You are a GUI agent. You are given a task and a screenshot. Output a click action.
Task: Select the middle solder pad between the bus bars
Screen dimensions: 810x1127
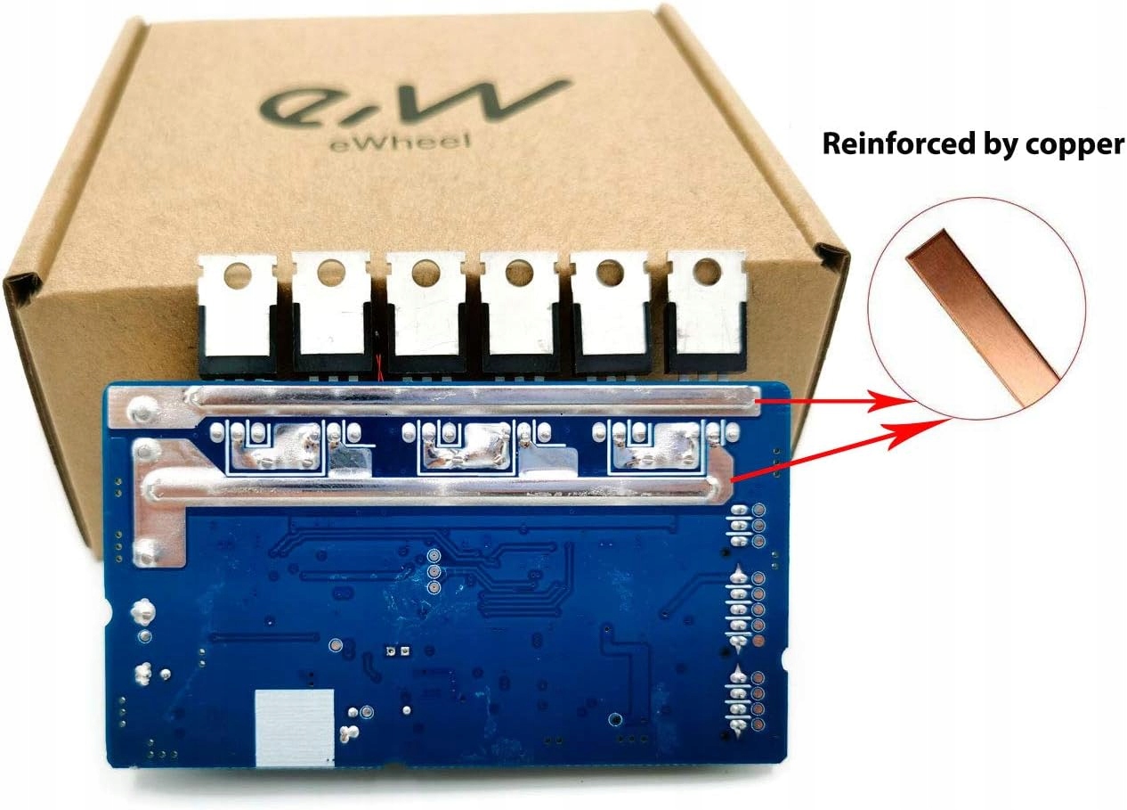[x=463, y=444]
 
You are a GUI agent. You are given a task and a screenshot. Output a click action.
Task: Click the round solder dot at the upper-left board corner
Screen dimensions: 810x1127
[x=138, y=408]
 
